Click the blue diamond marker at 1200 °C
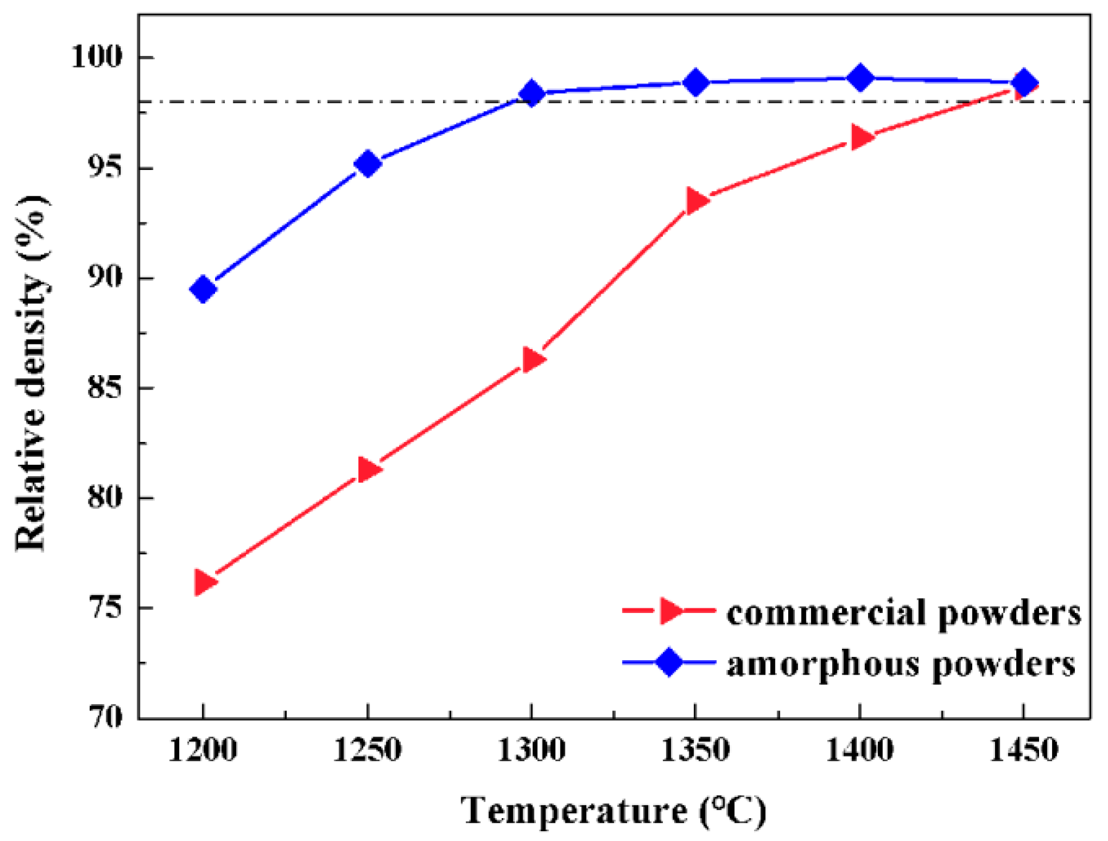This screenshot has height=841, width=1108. tap(203, 289)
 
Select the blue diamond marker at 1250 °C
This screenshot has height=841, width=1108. tap(367, 164)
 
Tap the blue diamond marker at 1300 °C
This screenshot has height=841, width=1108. tap(531, 94)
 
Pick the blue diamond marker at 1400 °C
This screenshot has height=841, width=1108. tap(860, 78)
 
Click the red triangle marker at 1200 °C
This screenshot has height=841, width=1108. tap(204, 582)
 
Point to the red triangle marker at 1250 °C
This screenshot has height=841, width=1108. tap(368, 469)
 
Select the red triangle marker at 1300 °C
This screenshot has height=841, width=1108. tap(532, 359)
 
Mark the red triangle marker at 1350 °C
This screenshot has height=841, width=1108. tap(697, 201)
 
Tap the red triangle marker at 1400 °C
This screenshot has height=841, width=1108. tap(860, 137)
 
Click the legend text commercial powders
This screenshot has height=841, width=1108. tap(904, 613)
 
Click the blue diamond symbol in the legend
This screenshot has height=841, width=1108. tap(669, 662)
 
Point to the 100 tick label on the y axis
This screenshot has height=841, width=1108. tap(97, 56)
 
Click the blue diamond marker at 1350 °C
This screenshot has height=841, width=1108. tap(695, 82)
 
